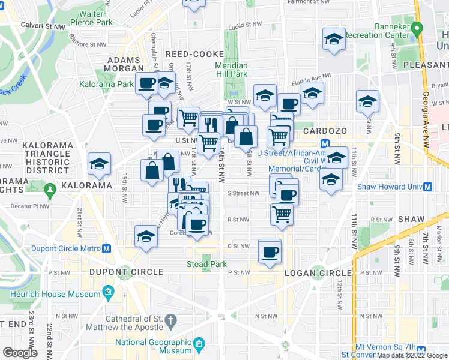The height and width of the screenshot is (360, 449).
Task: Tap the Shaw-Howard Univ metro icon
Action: click(428, 187)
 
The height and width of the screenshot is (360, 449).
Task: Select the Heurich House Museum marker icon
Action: click(109, 294)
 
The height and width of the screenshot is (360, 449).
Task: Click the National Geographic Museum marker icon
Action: click(199, 345)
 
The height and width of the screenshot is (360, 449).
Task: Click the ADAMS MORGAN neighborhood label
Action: click(124, 65)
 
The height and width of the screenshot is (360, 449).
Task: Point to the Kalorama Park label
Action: click(106, 85)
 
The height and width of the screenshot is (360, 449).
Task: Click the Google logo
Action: click(20, 353)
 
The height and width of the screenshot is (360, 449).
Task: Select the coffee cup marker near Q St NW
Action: click(270, 251)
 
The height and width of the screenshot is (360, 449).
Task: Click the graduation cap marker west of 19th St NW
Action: click(100, 164)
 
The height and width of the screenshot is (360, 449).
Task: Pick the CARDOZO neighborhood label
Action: click(326, 130)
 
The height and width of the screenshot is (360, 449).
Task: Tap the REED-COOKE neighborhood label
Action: click(194, 54)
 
